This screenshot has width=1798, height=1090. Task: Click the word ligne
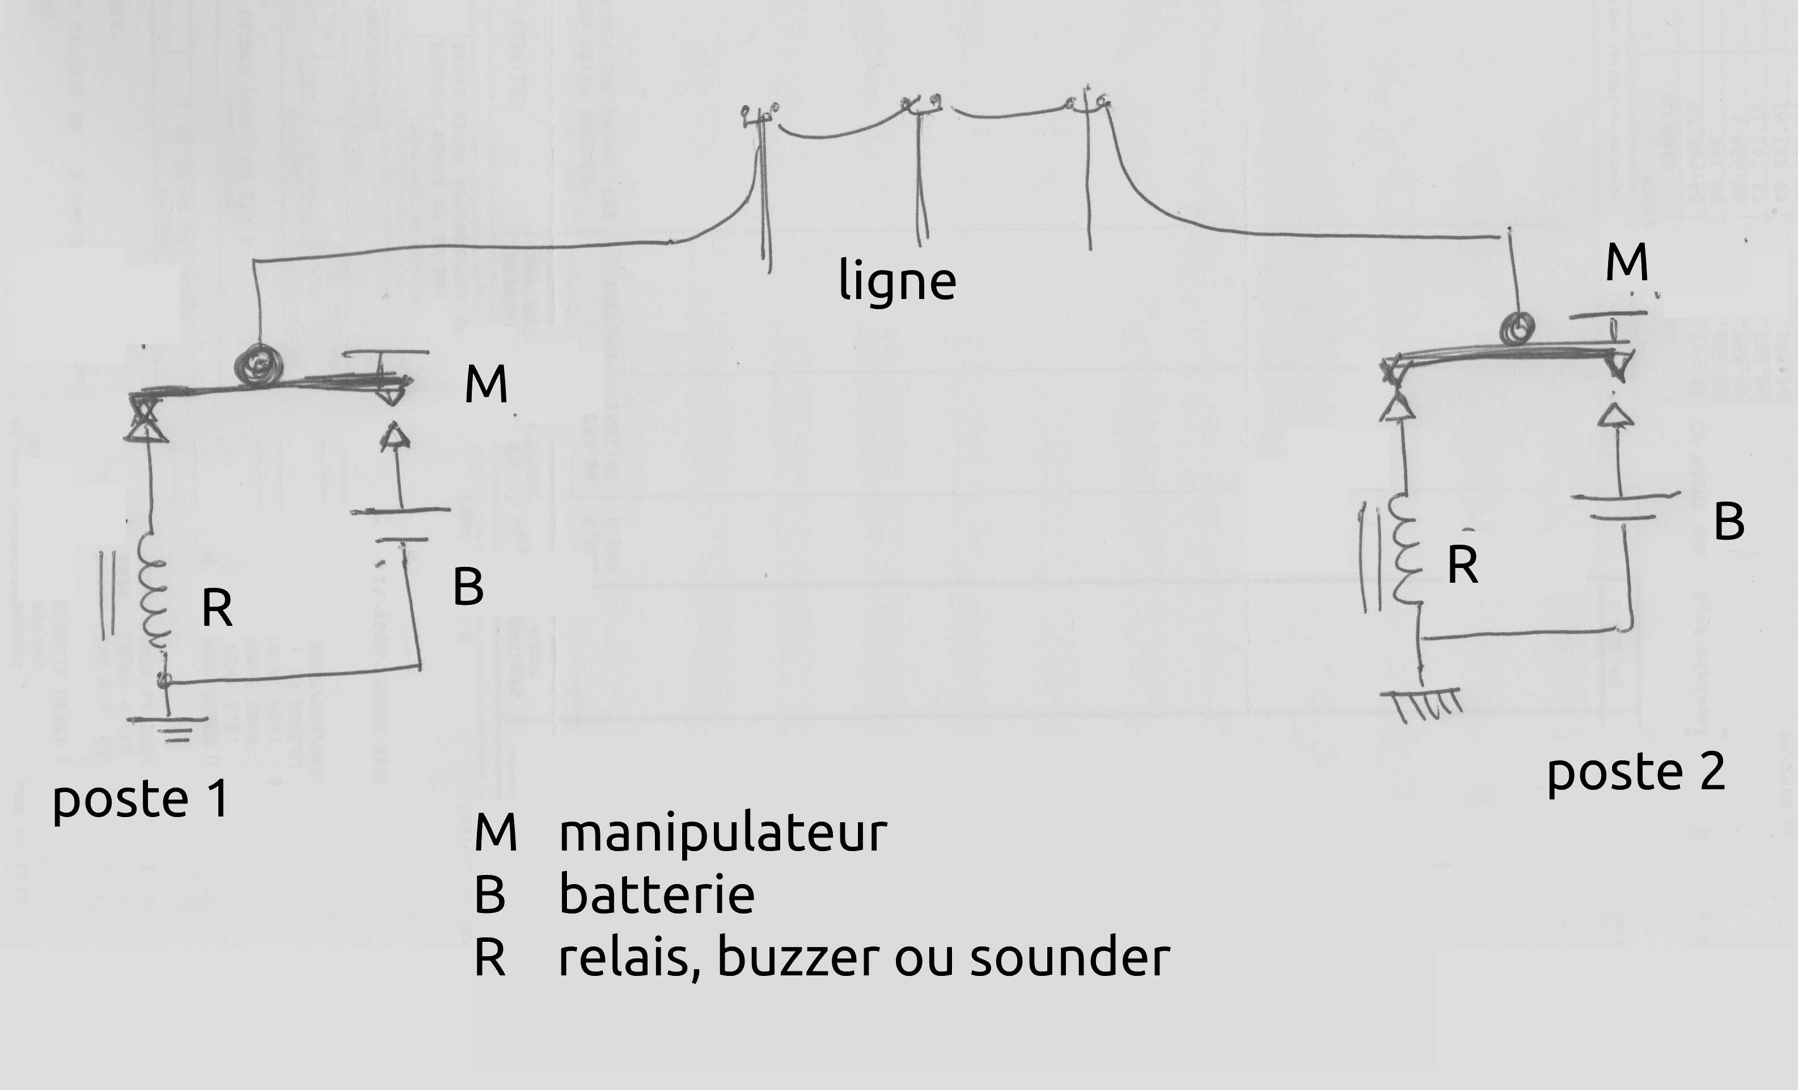[x=897, y=281]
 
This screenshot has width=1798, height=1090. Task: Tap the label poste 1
[x=141, y=799]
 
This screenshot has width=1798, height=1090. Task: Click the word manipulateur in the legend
[x=722, y=833]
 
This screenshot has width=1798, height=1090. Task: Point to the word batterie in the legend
[x=656, y=895]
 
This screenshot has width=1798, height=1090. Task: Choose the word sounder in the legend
[x=1070, y=957]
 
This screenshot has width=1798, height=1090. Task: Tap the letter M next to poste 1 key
[x=486, y=384]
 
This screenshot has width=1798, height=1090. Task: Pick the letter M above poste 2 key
[x=1627, y=262]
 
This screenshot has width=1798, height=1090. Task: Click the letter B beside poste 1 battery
[x=468, y=586]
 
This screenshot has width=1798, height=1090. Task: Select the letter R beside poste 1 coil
[x=217, y=608]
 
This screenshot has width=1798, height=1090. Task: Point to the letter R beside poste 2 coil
[x=1462, y=565]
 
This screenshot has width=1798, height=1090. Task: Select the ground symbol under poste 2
[x=1423, y=701]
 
